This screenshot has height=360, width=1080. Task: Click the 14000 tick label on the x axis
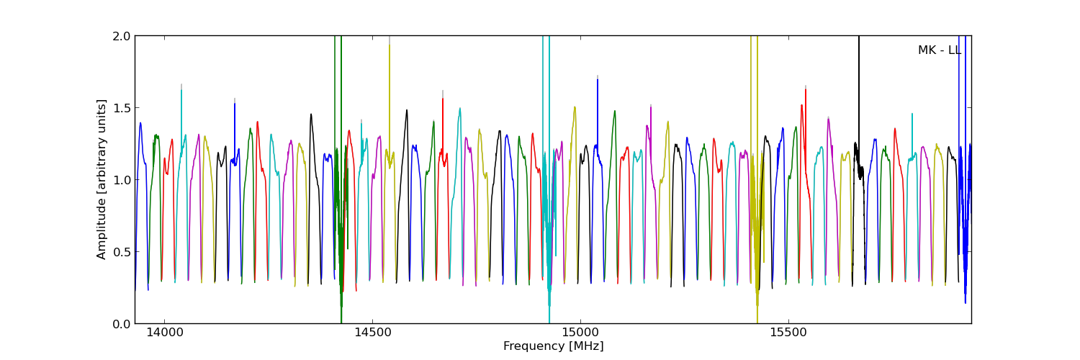pyautogui.click(x=164, y=333)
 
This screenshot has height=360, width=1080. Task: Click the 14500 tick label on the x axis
pyautogui.click(x=372, y=333)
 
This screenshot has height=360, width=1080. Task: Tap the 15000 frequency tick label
pyautogui.click(x=580, y=333)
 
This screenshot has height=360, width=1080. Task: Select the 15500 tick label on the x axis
pyautogui.click(x=788, y=333)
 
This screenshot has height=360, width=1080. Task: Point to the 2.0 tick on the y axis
pyautogui.click(x=122, y=36)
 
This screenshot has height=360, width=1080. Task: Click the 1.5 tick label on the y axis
pyautogui.click(x=122, y=108)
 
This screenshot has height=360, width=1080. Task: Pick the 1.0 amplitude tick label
pyautogui.click(x=122, y=180)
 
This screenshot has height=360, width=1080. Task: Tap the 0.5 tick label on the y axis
pyautogui.click(x=122, y=252)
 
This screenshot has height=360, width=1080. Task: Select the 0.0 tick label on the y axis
pyautogui.click(x=122, y=323)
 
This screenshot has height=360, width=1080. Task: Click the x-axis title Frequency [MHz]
pyautogui.click(x=553, y=346)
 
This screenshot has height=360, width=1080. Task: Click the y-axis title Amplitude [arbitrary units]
pyautogui.click(x=102, y=179)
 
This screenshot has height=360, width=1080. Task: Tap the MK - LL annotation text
pyautogui.click(x=939, y=50)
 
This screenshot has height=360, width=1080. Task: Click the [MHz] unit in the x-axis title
pyautogui.click(x=588, y=346)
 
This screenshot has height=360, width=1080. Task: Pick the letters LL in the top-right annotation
pyautogui.click(x=954, y=50)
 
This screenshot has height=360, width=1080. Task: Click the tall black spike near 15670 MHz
pyautogui.click(x=858, y=86)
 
